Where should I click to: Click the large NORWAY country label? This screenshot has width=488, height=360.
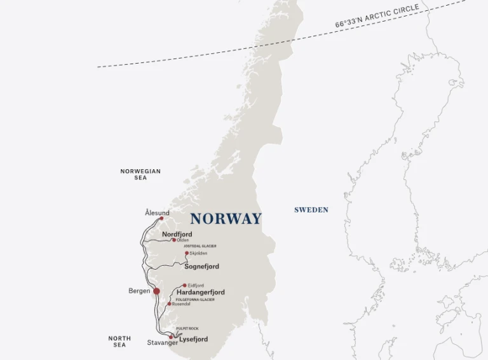pos(226,219)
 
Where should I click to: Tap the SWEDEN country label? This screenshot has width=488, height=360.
pos(311,210)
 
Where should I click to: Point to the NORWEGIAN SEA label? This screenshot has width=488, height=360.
pos(140,174)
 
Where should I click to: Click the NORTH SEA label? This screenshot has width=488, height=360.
pos(119,342)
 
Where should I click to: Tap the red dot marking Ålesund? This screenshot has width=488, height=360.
pos(161,218)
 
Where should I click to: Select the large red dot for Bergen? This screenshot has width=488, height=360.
pos(156,291)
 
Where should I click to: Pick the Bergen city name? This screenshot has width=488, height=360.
pos(139,291)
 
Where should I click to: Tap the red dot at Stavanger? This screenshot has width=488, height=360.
pos(170,337)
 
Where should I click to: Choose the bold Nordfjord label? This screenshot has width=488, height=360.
pos(177,234)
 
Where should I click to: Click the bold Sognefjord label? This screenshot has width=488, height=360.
pos(201,267)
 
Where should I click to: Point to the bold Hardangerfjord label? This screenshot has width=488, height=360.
pos(200,293)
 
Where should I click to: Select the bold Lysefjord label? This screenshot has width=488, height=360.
pos(193,340)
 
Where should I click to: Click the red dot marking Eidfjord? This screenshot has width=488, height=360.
pos(184,286)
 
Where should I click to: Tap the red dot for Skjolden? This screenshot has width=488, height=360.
pos(187,253)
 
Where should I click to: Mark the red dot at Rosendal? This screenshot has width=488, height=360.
pos(168,304)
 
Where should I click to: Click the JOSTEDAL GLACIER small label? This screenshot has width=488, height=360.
pos(200,246)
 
